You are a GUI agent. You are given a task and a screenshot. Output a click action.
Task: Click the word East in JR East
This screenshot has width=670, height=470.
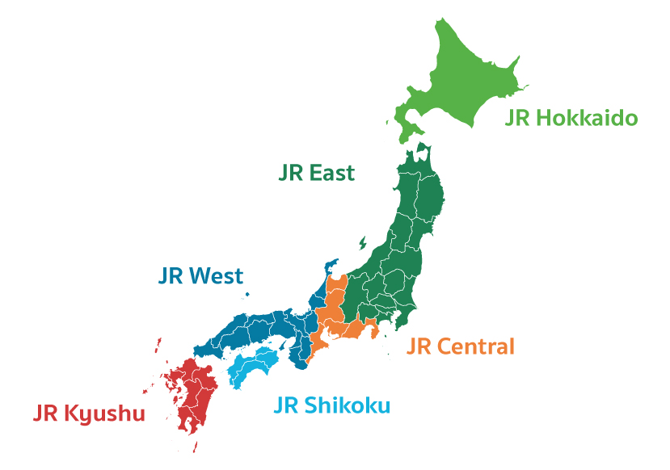332,173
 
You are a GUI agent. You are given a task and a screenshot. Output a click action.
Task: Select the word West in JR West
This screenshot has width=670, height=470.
216,276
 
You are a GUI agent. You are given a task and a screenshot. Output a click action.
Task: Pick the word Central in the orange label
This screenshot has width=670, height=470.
475,347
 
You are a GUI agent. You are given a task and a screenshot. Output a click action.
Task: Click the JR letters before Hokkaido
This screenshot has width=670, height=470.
518,119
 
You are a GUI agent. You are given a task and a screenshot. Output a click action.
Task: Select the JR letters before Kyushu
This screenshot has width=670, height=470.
47,414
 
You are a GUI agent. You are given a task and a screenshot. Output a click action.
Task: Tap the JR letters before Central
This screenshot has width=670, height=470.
419,347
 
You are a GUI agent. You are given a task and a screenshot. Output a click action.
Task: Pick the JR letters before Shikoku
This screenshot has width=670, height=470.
287,405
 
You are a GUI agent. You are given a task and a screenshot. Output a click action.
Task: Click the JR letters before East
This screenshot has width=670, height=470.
292,173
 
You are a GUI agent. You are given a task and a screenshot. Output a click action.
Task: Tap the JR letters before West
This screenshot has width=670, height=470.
171,276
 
